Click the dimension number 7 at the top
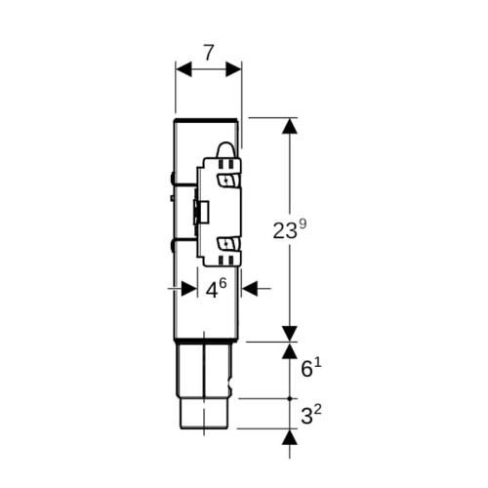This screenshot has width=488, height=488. pos(208,53)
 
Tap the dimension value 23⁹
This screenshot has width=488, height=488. pos(290,229)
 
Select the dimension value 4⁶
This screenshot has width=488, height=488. pos(216,289)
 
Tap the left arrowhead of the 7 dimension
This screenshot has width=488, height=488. pos(183,69)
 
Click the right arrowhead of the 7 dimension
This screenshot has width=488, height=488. pos(233,69)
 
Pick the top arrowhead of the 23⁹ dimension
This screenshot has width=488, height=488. pos(290,126)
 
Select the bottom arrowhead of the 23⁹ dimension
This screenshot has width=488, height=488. pos(290,334)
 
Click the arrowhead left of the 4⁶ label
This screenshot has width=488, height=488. pos(189,288)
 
